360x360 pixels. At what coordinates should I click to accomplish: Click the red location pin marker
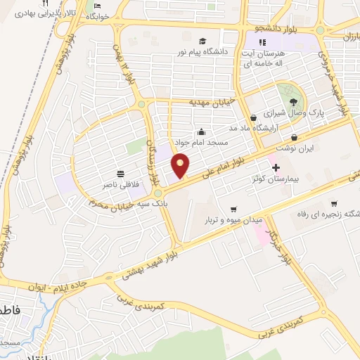pos(181,165)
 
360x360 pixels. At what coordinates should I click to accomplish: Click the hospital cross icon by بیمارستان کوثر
pos(276,167)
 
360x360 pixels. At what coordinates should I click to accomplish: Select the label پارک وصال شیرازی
pos(288,112)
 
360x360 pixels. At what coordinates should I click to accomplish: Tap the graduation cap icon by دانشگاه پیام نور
pos(202,41)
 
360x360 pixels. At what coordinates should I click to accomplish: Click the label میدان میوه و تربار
pos(233,219)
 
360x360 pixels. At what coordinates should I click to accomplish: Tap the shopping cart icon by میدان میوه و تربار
pos(233,209)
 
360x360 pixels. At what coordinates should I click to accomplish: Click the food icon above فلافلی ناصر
pos(120,173)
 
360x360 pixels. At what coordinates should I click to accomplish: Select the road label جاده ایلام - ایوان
pos(61,283)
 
